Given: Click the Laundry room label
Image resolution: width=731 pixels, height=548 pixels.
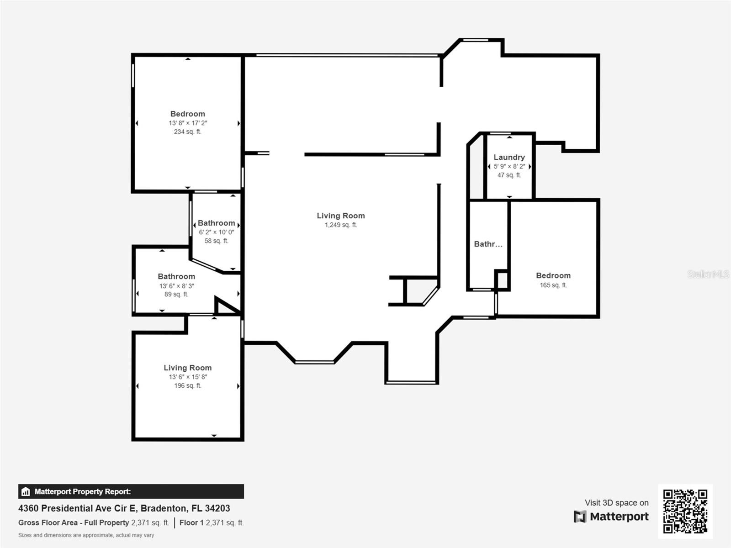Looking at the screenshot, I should [509, 157].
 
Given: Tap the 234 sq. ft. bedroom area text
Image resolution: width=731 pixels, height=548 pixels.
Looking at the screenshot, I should [187, 132].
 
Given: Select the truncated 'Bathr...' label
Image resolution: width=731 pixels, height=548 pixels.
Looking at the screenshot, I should [488, 244].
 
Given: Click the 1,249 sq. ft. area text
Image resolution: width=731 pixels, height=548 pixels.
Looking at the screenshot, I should [341, 225].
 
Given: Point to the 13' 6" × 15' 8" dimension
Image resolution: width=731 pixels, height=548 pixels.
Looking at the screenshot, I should [187, 377].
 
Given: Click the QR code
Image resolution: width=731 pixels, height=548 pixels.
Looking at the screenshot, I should [685, 511].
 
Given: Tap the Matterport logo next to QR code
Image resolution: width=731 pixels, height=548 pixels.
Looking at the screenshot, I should [611, 516].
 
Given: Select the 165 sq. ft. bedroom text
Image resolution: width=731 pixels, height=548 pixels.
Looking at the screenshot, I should [553, 285].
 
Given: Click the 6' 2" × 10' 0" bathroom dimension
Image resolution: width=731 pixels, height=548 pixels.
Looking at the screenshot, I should [216, 232].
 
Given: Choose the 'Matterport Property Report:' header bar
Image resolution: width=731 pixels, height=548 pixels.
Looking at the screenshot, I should [131, 491].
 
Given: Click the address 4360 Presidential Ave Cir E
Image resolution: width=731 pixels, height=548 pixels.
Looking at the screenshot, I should [124, 508].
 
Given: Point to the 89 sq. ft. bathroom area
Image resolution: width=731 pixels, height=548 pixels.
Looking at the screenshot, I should [176, 295].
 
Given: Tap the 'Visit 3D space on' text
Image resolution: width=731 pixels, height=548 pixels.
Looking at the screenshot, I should [616, 503].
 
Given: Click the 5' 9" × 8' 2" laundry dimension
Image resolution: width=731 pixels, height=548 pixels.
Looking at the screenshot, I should [509, 167].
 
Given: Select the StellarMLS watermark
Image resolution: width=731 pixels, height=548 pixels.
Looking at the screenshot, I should [708, 274].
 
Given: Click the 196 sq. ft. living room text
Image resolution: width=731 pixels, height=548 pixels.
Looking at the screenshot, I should [187, 386].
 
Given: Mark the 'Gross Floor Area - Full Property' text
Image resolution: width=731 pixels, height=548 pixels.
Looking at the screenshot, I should [74, 523].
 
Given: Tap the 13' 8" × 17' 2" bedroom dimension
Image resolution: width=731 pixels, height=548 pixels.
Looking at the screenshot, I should [187, 123].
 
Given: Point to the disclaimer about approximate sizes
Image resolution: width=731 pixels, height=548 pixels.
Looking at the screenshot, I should [86, 535].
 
